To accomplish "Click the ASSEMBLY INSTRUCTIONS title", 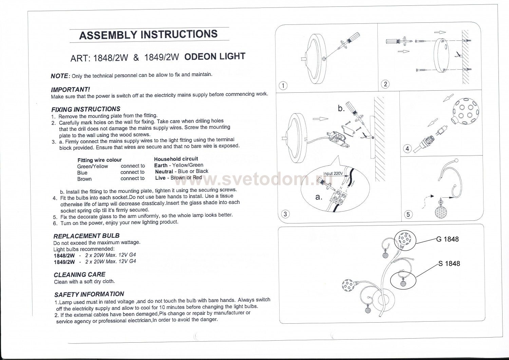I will click(x=148, y=35).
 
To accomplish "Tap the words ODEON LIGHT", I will click(x=214, y=56).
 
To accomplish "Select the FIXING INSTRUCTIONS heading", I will click(x=86, y=109).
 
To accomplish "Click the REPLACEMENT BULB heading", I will click(x=87, y=236).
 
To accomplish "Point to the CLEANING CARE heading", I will click(x=79, y=274).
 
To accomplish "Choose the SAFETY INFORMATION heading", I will click(x=89, y=294).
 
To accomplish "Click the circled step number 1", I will click(x=283, y=85).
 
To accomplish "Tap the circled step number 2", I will click(x=385, y=84).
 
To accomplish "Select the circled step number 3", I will click(x=285, y=214).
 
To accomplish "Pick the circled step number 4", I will click(x=407, y=148).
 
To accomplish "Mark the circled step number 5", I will click(x=408, y=214).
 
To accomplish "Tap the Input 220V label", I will click(x=333, y=174).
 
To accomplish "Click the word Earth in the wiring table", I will click(x=161, y=165).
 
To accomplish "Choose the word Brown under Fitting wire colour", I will click(x=84, y=179).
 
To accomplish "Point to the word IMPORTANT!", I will click(x=70, y=90).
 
